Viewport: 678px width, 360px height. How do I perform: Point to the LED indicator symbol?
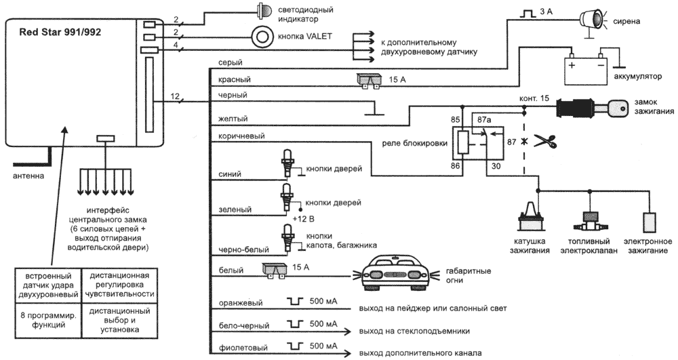click(x=262, y=10)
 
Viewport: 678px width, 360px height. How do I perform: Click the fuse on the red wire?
click(x=370, y=80)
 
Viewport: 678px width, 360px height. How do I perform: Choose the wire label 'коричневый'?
click(x=241, y=136)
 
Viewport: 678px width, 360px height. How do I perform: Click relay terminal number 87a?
click(x=485, y=120)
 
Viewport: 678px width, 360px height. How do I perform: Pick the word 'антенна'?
click(x=26, y=176)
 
